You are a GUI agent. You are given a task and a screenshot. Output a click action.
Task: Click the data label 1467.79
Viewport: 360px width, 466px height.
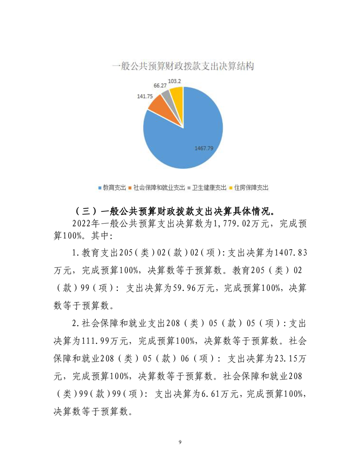204,148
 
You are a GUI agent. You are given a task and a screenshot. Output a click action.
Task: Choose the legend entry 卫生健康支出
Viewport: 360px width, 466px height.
209,188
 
